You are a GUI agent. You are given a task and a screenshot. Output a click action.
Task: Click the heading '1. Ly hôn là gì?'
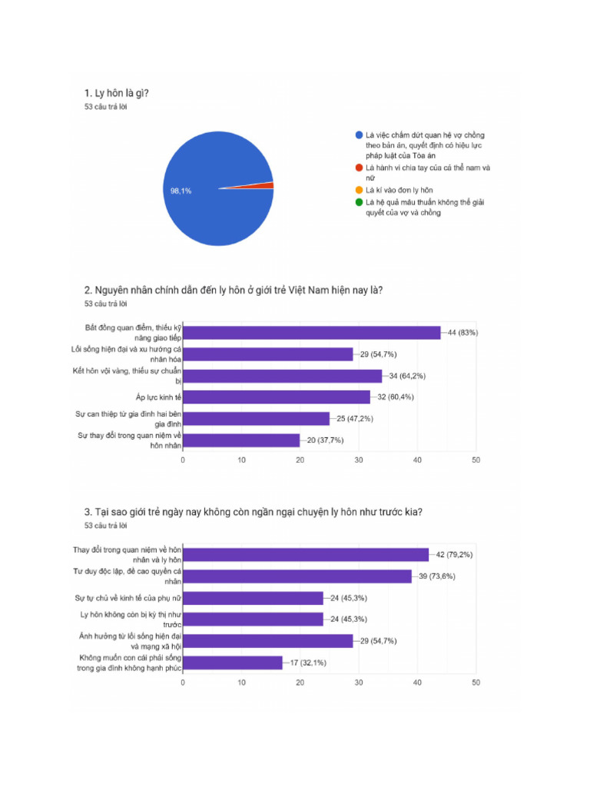[117, 94]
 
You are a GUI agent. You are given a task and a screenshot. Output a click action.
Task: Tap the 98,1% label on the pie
[181, 191]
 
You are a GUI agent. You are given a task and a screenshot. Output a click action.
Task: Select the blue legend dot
[359, 135]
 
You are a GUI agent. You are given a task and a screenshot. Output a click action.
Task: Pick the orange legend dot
[359, 189]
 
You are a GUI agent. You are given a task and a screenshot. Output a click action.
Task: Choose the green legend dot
[359, 202]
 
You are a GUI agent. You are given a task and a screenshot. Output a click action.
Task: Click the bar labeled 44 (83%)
[311, 333]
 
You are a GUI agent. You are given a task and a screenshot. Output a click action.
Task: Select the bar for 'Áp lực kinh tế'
[277, 397]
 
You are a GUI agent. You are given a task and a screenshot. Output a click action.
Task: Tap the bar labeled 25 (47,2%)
[256, 419]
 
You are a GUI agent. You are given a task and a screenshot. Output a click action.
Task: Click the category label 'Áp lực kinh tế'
[158, 397]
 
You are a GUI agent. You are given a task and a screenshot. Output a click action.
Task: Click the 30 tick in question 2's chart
[359, 460]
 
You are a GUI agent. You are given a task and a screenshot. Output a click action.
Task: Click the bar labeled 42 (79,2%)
[306, 555]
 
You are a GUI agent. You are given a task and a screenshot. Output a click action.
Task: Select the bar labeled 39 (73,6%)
[297, 576]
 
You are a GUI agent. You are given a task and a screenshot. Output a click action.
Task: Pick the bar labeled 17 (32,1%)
[232, 662]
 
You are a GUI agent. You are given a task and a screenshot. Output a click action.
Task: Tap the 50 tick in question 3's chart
[476, 682]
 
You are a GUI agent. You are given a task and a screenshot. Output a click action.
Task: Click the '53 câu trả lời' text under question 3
[105, 526]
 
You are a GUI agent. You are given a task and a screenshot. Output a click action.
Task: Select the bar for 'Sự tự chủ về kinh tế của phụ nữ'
[253, 598]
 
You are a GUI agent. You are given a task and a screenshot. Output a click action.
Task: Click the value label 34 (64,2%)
[406, 376]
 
